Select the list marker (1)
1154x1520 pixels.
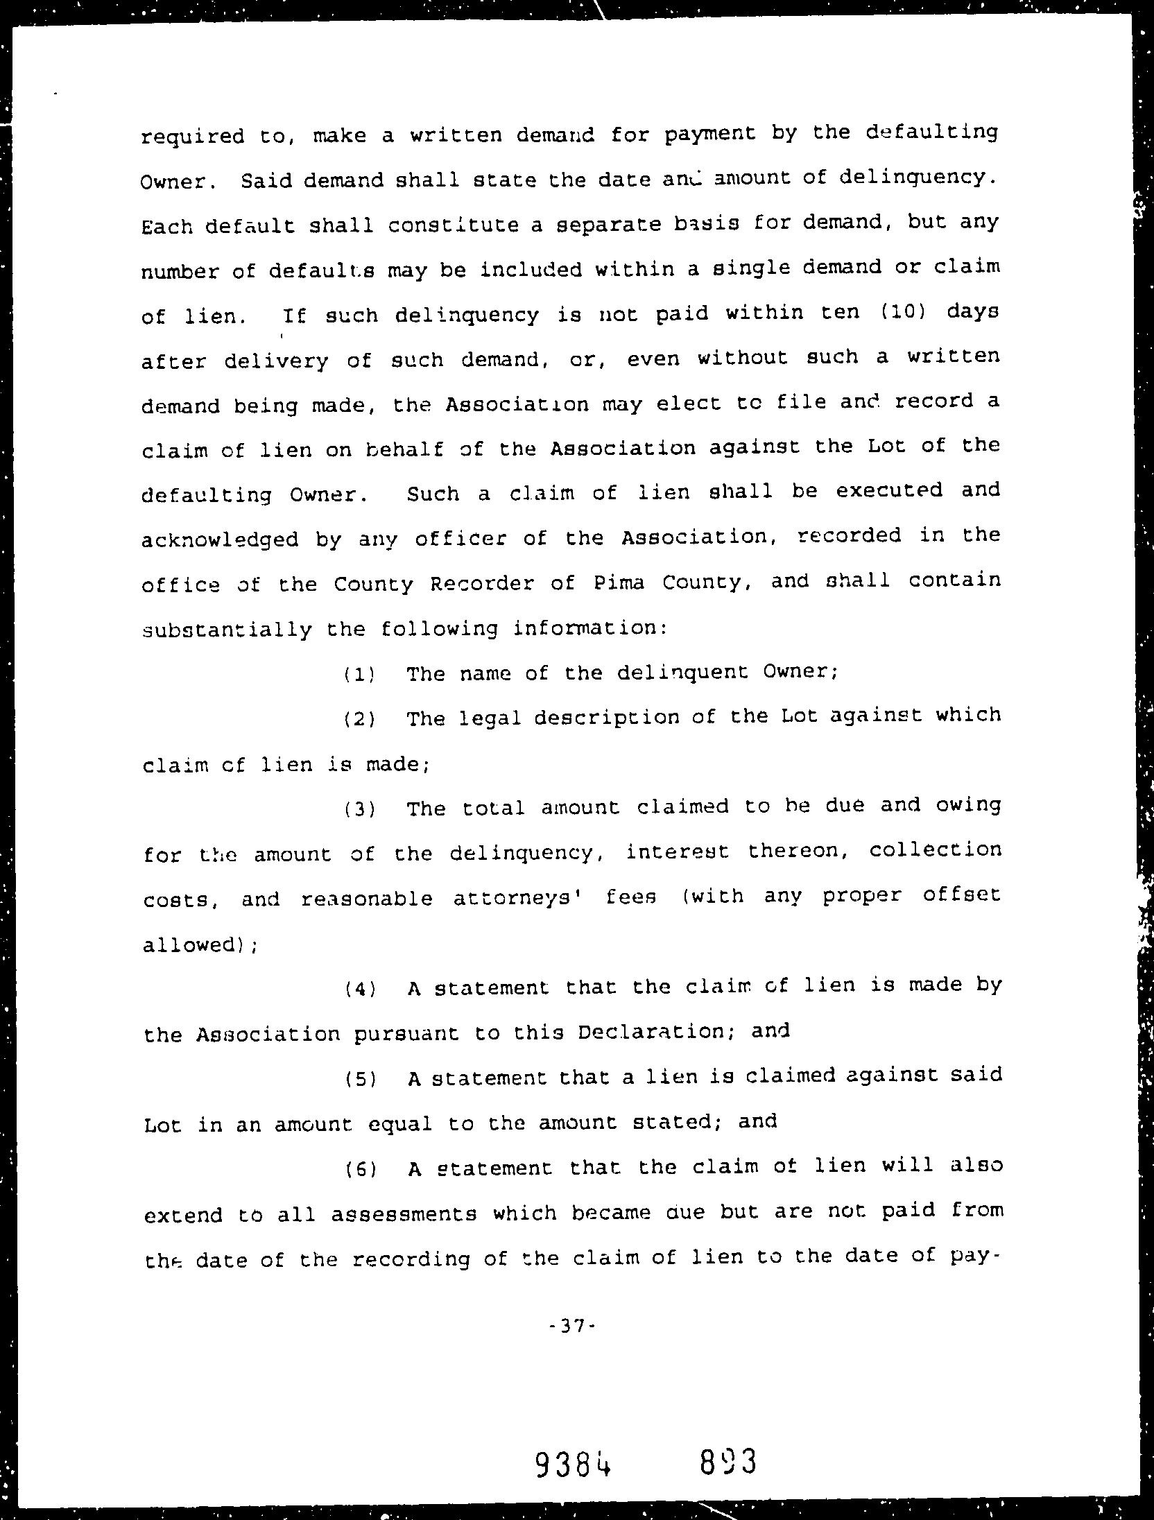359,674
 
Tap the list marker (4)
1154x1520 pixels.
360,989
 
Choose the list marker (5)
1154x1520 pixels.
360,1079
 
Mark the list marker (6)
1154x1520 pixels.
360,1169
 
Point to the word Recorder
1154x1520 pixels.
481,584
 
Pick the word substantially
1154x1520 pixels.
226,630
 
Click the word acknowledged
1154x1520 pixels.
220,539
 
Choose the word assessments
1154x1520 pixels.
403,1214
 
